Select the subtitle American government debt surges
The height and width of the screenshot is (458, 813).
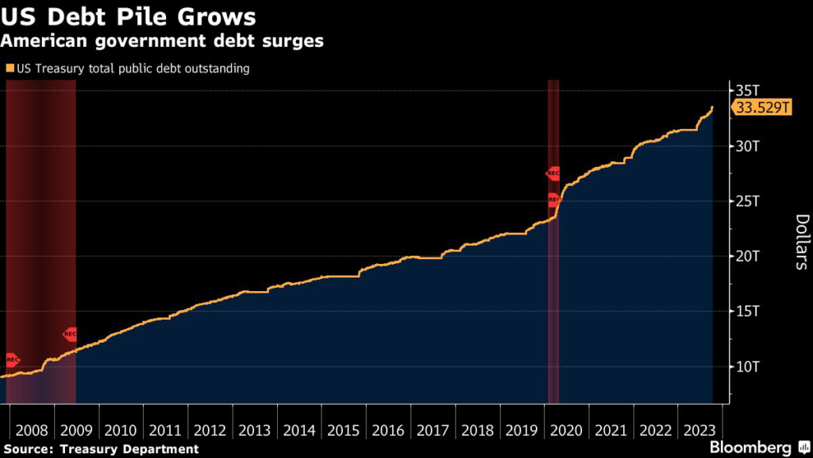point(162,41)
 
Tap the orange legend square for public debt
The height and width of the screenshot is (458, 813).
point(9,69)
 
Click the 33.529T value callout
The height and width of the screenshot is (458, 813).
point(762,108)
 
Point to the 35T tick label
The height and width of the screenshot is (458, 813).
point(748,90)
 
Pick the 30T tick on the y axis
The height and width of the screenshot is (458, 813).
point(748,146)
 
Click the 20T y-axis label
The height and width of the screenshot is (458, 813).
point(748,256)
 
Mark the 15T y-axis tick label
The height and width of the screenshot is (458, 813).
point(748,311)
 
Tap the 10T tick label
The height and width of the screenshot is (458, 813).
point(748,367)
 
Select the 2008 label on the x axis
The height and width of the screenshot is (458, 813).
point(31,430)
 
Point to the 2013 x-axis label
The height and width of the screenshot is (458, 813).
point(254,430)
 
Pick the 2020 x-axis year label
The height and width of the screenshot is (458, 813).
point(566,430)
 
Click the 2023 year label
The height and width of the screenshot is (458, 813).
point(699,430)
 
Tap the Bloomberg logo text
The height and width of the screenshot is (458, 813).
point(750,448)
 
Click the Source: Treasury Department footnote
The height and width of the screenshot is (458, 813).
point(99,449)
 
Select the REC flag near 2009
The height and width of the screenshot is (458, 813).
point(70,335)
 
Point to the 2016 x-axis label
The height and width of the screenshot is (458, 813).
point(387,430)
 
